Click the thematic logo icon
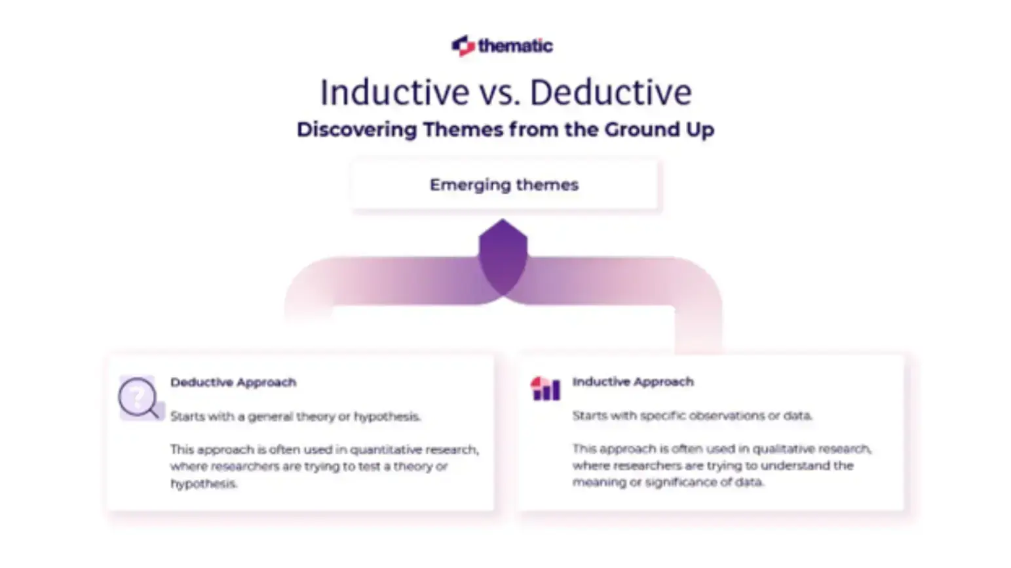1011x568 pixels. coord(463,45)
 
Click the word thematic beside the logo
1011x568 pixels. coord(515,46)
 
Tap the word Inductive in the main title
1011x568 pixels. coord(394,92)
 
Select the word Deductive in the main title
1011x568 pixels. coord(610,92)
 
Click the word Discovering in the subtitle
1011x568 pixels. coord(356,129)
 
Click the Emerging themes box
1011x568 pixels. coord(504,185)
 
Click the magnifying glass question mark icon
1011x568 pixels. coord(138,397)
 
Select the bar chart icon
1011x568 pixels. coord(545,388)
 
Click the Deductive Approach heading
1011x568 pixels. coord(233,382)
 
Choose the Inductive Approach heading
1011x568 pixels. coord(632,382)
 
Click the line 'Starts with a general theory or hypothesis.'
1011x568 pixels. coord(295,416)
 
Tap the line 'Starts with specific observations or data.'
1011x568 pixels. coord(692,416)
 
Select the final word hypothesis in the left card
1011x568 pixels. coord(203,484)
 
